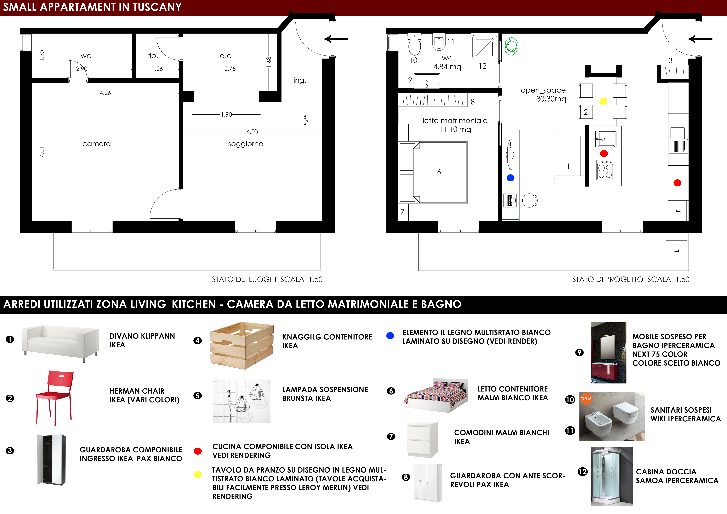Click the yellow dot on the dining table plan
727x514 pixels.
click(x=603, y=101)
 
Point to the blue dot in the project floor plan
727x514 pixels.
click(x=510, y=178)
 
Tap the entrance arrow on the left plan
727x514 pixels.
click(x=336, y=39)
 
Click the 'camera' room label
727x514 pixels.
click(x=97, y=144)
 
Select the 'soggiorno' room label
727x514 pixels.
click(x=245, y=144)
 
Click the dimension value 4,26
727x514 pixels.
click(x=105, y=93)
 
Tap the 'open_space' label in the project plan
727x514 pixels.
click(x=543, y=90)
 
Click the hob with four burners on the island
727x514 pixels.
click(x=605, y=170)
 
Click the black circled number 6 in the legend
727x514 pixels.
click(x=391, y=391)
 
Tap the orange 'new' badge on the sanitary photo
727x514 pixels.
click(x=586, y=398)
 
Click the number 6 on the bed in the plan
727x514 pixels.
click(x=439, y=172)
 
